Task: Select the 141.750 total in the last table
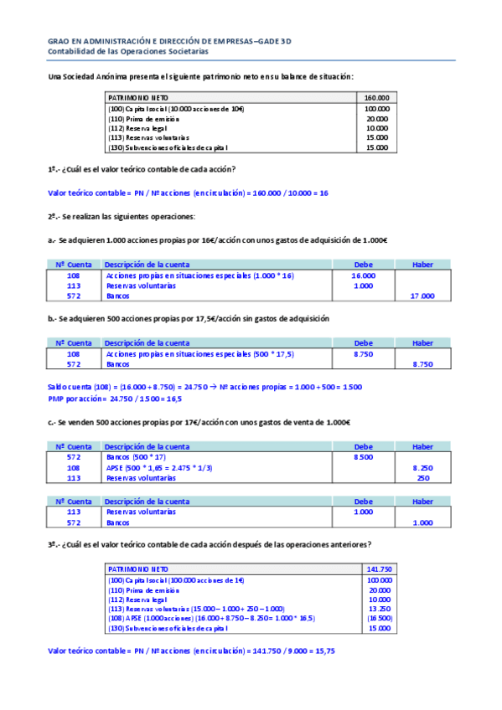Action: pos(379,569)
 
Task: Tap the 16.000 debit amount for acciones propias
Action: pos(363,275)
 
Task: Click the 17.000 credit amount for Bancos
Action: pos(422,296)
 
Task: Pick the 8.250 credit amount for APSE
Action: pos(422,468)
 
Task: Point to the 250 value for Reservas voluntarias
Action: pos(422,478)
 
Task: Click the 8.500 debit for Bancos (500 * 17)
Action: pos(363,458)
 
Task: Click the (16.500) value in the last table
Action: pos(379,618)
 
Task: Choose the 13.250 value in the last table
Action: pos(379,609)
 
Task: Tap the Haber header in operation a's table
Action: pos(422,265)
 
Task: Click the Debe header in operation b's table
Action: pos(363,343)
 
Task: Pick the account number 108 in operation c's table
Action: pos(73,468)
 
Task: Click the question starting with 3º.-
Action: pos(210,544)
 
